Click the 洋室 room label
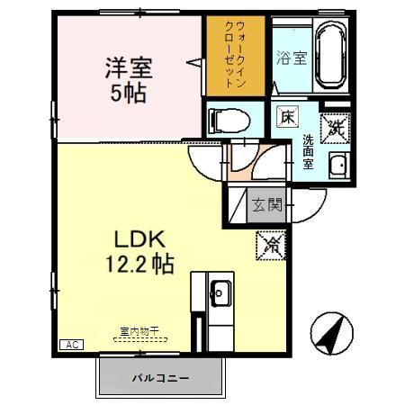[128, 67]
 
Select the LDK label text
[138, 240]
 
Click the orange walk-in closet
[236, 56]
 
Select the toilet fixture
[230, 118]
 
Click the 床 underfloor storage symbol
[286, 117]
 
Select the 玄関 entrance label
[265, 205]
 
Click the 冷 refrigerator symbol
[269, 242]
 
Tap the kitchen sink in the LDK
[220, 292]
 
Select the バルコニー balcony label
[159, 378]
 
